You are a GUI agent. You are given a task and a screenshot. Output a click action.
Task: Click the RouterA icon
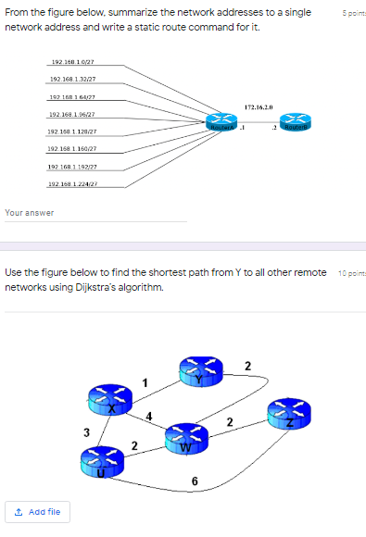(220, 121)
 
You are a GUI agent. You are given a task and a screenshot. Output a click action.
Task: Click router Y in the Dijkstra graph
(197, 372)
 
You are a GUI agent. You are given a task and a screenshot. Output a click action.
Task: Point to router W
(185, 438)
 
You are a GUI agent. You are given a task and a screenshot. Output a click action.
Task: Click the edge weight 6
(194, 481)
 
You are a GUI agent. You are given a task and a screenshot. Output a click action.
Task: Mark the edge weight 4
(149, 414)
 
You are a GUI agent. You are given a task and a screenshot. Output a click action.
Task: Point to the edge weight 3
(85, 431)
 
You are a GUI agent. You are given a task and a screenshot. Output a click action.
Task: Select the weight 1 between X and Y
(145, 383)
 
